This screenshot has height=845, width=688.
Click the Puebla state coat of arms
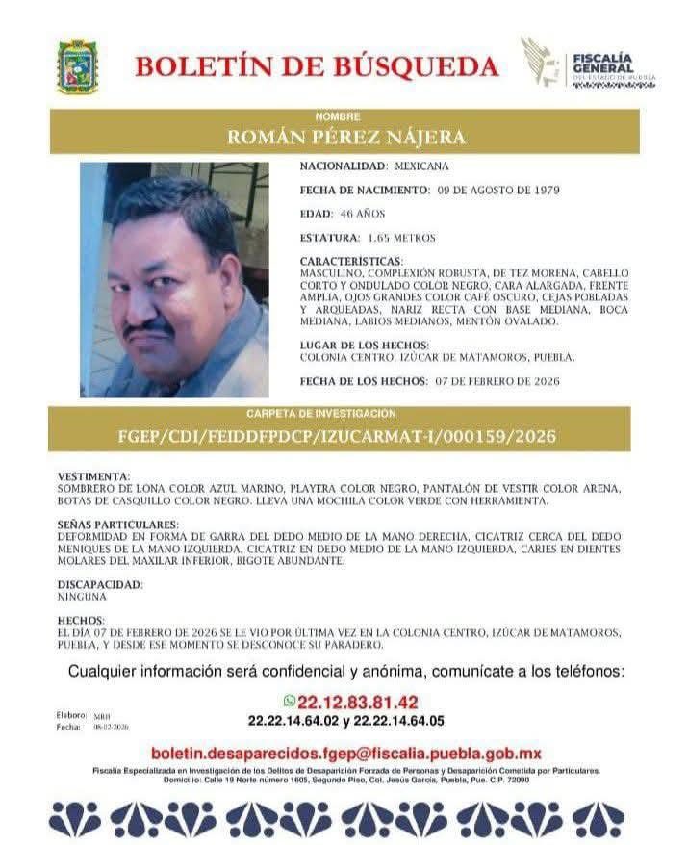tap(77, 67)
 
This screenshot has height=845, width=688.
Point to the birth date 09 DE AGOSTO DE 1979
tap(504, 190)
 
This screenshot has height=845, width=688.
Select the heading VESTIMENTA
tap(93, 476)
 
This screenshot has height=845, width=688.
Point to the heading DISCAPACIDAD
tap(100, 584)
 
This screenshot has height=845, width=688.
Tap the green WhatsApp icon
tap(289, 702)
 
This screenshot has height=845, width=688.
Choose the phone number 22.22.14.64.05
tap(400, 720)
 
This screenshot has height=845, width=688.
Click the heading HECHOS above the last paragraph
tap(80, 621)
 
